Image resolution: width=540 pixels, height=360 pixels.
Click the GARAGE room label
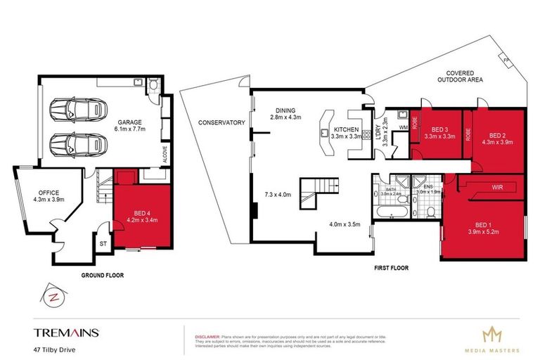pos(130,122)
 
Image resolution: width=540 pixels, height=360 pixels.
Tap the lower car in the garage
pos(77,146)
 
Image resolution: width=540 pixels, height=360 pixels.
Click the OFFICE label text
pos(49,193)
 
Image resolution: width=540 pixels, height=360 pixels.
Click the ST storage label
pos(104,245)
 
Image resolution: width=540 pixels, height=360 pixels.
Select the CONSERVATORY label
pos(221,122)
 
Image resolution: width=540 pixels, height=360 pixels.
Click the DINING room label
pos(285,110)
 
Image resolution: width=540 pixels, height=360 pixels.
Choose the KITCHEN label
pos(347,130)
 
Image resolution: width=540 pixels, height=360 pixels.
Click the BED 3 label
pos(440,130)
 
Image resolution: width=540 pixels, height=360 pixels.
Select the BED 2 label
pos(498,135)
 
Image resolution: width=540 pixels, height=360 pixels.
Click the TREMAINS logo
pos(67,332)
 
